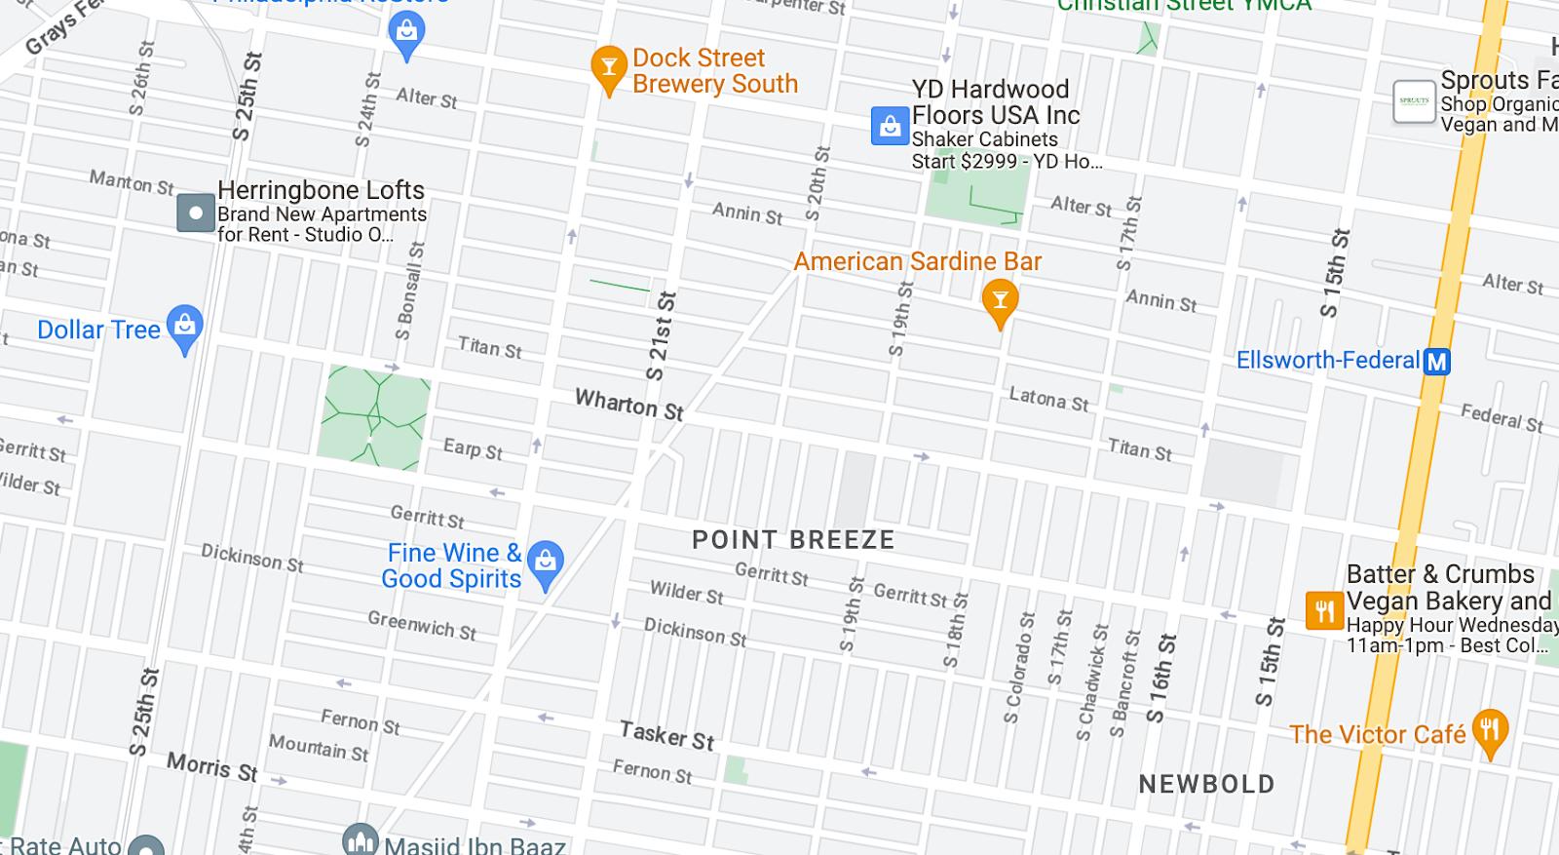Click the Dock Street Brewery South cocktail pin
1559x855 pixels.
609,68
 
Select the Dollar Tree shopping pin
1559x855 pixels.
184,328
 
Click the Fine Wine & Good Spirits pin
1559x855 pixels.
546,563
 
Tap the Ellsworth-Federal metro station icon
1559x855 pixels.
1436,362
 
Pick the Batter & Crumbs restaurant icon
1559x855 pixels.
1324,611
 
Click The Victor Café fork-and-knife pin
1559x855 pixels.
1490,731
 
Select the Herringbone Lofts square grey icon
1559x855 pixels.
196,213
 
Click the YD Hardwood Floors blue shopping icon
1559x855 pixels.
890,127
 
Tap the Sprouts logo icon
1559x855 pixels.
1414,101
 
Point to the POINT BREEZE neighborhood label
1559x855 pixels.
793,540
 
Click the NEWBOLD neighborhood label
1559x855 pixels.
1206,784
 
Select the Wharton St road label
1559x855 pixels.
628,405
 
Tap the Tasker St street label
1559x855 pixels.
667,735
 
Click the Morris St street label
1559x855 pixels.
211,767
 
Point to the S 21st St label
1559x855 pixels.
660,335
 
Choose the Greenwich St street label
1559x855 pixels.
422,625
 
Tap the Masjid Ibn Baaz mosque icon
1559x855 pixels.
360,841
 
